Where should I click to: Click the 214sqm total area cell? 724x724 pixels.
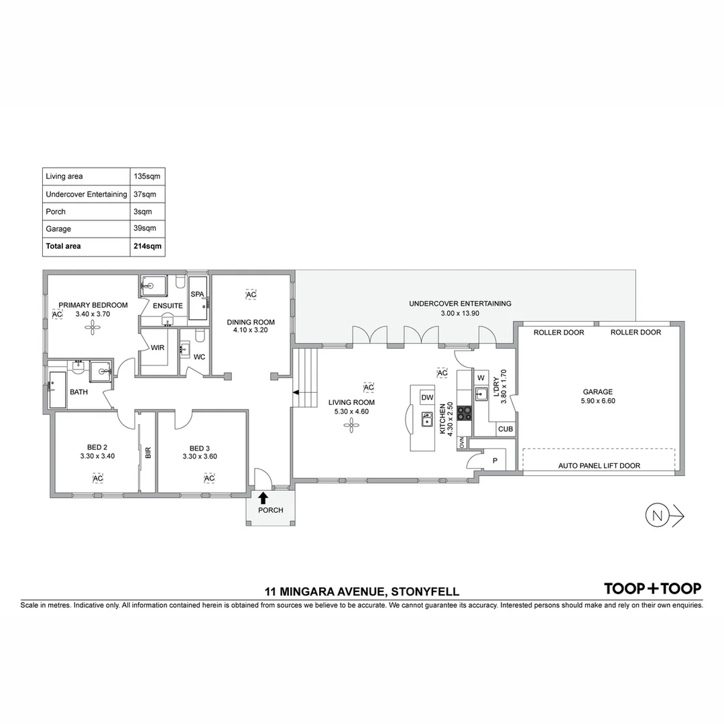pyautogui.click(x=147, y=246)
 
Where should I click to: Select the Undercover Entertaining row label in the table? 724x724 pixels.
pyautogui.click(x=86, y=194)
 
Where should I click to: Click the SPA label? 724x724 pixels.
pyautogui.click(x=197, y=294)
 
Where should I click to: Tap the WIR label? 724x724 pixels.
pyautogui.click(x=158, y=347)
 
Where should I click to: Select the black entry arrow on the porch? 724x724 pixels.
pyautogui.click(x=263, y=497)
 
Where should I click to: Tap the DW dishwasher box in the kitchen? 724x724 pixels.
pyautogui.click(x=427, y=398)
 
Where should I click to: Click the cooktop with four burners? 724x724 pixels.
pyautogui.click(x=465, y=413)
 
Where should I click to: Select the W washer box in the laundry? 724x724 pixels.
pyautogui.click(x=481, y=377)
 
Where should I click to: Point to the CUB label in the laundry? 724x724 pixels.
pyautogui.click(x=505, y=429)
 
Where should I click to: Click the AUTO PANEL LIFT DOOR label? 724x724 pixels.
pyautogui.click(x=599, y=465)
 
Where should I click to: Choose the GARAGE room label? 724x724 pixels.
pyautogui.click(x=598, y=392)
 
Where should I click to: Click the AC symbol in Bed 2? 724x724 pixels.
pyautogui.click(x=98, y=478)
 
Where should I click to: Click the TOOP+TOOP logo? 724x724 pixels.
pyautogui.click(x=652, y=589)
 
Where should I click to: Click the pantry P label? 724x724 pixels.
pyautogui.click(x=495, y=461)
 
